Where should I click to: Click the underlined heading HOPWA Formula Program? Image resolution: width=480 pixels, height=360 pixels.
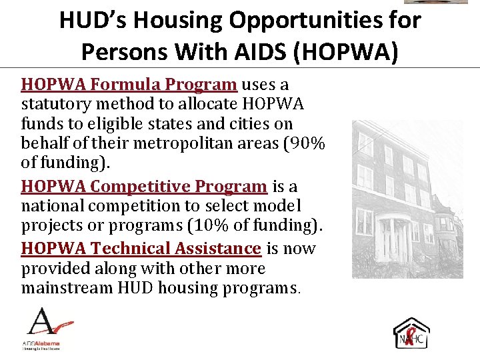[x=129, y=85]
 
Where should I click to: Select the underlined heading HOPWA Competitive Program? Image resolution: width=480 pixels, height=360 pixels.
[x=143, y=186]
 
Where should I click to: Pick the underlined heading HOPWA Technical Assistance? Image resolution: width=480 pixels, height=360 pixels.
[x=141, y=249]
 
